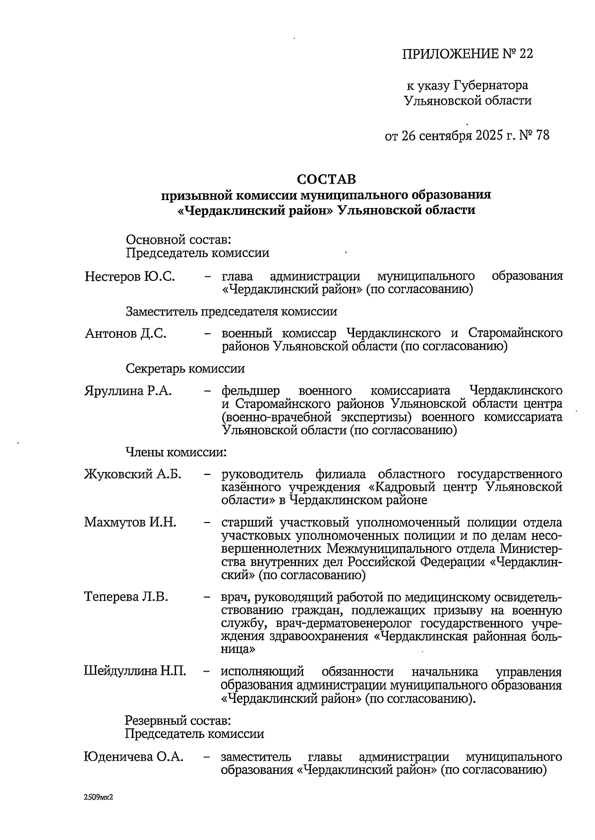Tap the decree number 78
pyautogui.click(x=542, y=135)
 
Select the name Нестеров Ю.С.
pyautogui.click(x=129, y=276)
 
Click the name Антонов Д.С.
pyautogui.click(x=125, y=333)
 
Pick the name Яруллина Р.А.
pyautogui.click(x=128, y=391)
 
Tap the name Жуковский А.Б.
pyautogui.click(x=132, y=474)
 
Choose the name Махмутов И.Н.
pyautogui.click(x=130, y=522)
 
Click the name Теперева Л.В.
pyautogui.click(x=126, y=597)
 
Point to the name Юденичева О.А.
pyautogui.click(x=133, y=757)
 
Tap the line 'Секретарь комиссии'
pyautogui.click(x=184, y=368)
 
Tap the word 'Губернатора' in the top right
pyautogui.click(x=490, y=86)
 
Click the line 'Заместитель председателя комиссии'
pyautogui.click(x=231, y=312)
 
